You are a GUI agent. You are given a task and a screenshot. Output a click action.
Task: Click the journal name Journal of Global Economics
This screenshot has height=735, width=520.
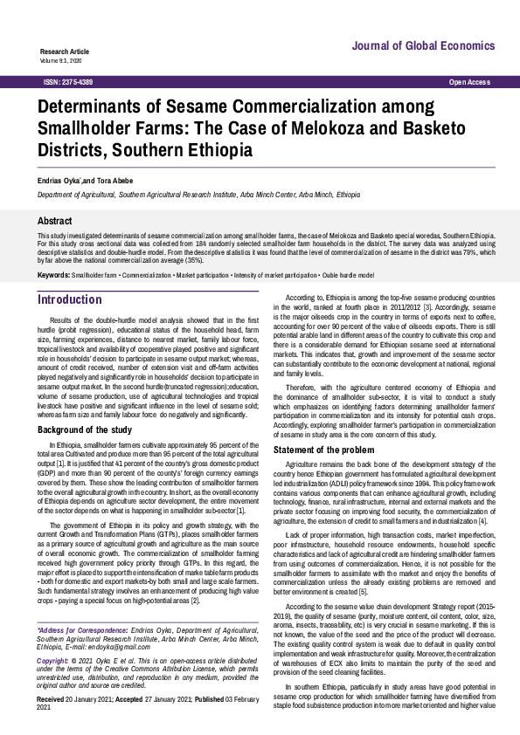424,45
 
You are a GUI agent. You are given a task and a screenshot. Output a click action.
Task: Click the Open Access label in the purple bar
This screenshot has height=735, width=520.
469,81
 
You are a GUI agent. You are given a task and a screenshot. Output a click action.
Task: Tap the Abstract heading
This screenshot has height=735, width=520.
54,222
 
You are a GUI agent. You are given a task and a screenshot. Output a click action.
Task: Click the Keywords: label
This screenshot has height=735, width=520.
53,275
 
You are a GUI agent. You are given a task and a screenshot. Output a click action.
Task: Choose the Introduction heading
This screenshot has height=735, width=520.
69,299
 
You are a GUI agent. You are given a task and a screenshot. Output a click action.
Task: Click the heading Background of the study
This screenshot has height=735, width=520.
85,430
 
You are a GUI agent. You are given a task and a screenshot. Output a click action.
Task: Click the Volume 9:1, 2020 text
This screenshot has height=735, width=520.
60,60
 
